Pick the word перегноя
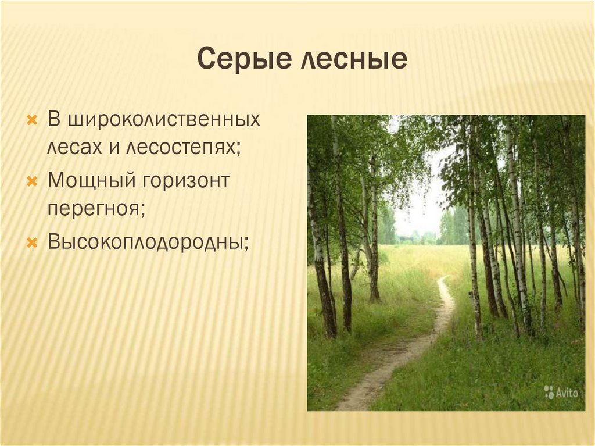coord(95,208)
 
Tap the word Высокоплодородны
coord(148,241)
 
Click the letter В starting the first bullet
coord(54,120)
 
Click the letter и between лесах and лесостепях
coord(113,148)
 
